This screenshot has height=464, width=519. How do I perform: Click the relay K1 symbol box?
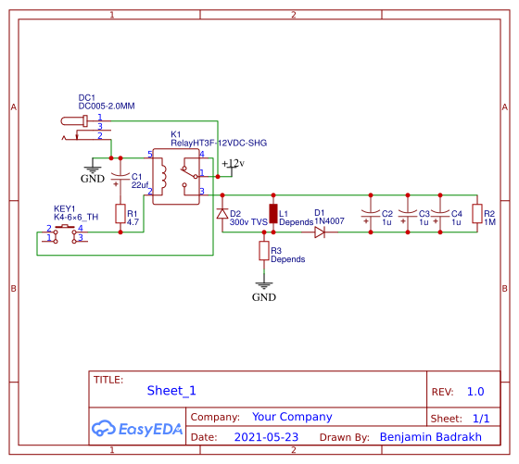click(x=178, y=176)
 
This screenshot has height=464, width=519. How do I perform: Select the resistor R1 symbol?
click(x=120, y=214)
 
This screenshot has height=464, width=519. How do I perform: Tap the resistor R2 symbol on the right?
click(x=477, y=214)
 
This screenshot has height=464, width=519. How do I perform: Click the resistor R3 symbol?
click(x=264, y=251)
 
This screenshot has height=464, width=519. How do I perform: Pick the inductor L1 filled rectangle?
click(x=273, y=214)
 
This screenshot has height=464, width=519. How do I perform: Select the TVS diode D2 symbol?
click(x=222, y=214)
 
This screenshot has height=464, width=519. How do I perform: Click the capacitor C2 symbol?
click(x=371, y=214)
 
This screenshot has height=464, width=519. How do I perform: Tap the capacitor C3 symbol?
click(x=406, y=214)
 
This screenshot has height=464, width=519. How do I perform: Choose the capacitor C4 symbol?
click(x=440, y=214)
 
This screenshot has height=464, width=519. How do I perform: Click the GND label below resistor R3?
click(x=264, y=297)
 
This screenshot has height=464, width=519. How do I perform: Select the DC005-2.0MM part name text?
click(x=107, y=107)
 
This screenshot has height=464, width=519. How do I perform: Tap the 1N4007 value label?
click(x=329, y=222)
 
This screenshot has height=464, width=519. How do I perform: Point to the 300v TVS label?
click(x=247, y=222)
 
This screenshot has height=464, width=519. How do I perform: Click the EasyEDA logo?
click(x=137, y=428)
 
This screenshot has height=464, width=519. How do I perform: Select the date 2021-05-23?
click(x=266, y=436)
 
